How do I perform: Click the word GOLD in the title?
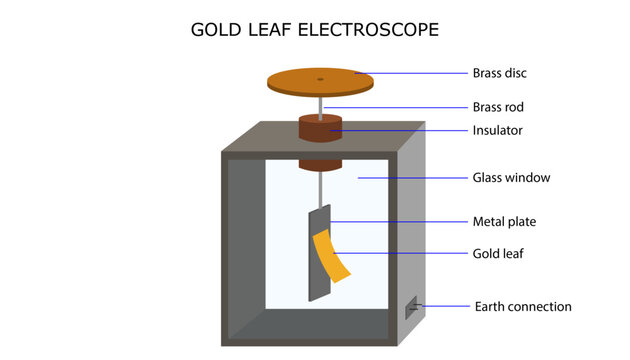[214, 30]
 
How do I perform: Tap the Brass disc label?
[499, 73]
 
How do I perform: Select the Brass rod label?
[498, 107]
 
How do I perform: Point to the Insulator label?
[496, 130]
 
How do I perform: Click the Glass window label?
[511, 178]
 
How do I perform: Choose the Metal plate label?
[505, 222]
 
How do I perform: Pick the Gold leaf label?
[497, 254]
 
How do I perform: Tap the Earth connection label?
[523, 306]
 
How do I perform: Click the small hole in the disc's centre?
[320, 78]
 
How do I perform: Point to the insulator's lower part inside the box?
[321, 163]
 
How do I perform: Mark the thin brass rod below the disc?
[320, 105]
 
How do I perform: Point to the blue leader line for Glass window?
[410, 178]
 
